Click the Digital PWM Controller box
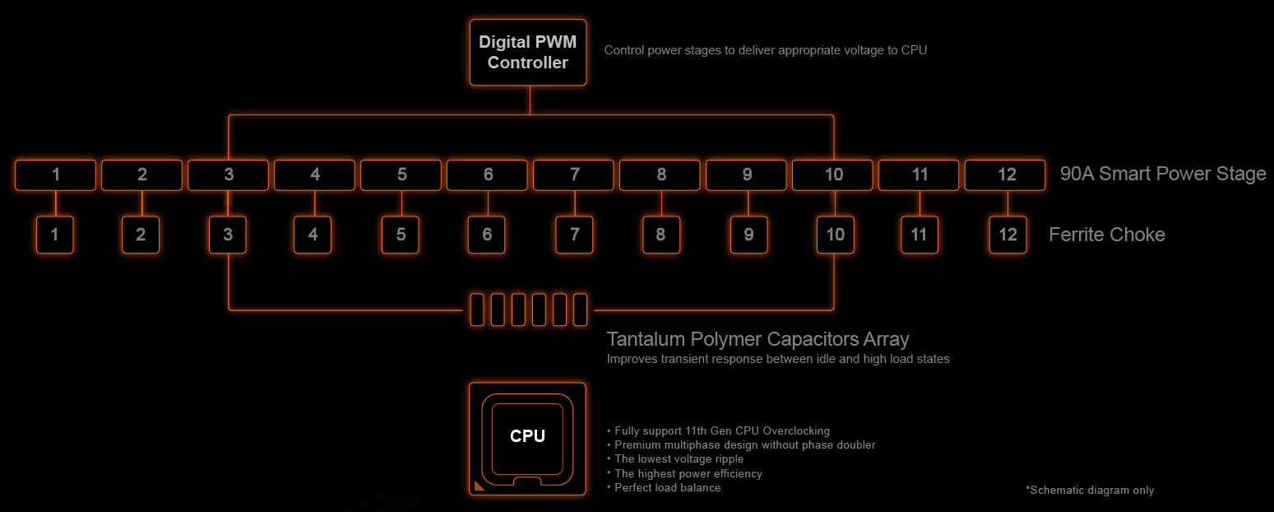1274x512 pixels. (x=528, y=53)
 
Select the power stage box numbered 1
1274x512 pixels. (x=55, y=175)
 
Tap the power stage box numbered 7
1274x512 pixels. (x=573, y=175)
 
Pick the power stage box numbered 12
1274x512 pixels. (x=1005, y=175)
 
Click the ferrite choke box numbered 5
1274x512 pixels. (x=401, y=235)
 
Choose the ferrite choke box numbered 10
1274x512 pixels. (x=835, y=235)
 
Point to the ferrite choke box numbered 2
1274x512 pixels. (x=141, y=235)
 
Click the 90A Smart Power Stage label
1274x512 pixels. (x=1163, y=174)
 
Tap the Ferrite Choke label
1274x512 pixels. (x=1107, y=235)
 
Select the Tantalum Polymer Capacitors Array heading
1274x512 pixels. (x=757, y=339)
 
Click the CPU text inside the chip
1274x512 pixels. (x=527, y=436)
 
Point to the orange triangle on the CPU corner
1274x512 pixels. (x=479, y=486)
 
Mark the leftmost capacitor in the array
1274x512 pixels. (x=477, y=310)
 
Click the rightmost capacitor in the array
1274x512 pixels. (x=580, y=310)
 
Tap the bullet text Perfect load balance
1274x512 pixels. (x=667, y=488)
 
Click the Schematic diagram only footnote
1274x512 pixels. (x=1090, y=491)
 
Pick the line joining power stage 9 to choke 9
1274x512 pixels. (x=748, y=203)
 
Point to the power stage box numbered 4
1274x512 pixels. (x=314, y=175)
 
